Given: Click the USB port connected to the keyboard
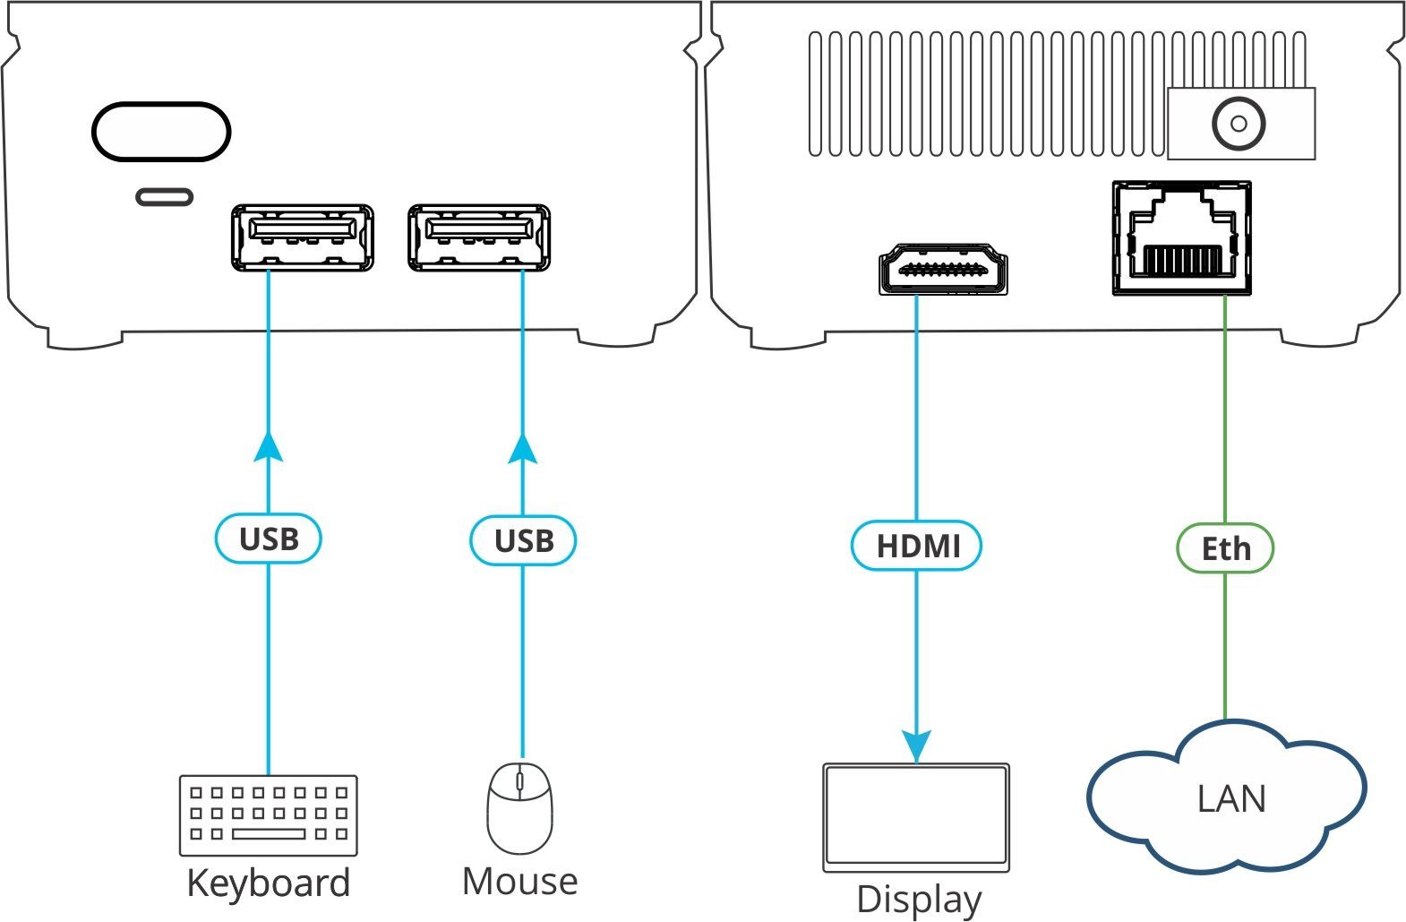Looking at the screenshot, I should (302, 238).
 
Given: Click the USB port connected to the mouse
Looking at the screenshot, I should (478, 238).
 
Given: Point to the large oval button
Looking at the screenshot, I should (161, 132).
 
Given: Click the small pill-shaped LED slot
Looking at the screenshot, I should (164, 196).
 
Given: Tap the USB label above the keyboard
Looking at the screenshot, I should (269, 539).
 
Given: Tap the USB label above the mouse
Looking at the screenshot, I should (524, 540).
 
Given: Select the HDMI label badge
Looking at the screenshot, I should (916, 546).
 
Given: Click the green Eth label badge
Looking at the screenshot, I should (1225, 547).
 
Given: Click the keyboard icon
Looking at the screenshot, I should (269, 815).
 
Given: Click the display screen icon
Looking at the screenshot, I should (916, 816).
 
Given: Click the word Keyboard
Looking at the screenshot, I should (269, 883).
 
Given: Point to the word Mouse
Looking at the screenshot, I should (519, 882).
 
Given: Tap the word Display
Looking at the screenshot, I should (919, 900).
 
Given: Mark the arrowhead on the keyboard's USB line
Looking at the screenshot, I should (269, 446).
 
